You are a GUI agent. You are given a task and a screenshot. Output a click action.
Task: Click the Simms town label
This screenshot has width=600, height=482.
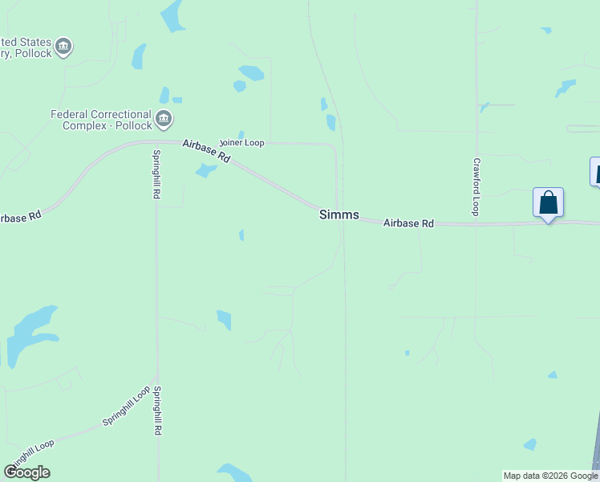339,214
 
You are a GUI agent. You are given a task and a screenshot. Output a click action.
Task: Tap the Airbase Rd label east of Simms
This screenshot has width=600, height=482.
407,223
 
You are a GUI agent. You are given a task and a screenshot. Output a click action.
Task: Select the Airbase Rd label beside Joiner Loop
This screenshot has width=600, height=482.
206,150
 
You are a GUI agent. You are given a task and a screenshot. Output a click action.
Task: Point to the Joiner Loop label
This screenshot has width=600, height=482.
241,142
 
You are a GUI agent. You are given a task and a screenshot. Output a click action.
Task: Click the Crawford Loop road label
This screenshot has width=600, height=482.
475,186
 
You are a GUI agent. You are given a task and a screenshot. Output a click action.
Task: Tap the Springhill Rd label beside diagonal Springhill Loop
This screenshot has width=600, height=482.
158,411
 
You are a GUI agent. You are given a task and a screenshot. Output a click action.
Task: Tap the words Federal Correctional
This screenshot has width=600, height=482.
100,114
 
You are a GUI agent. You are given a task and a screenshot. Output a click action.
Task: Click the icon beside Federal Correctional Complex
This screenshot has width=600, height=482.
164,120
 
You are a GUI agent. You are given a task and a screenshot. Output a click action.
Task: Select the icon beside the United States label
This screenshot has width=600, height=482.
64,47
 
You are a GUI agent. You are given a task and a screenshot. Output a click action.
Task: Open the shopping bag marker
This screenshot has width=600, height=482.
548,202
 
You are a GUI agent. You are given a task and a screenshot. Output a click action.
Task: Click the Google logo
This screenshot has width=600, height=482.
26,472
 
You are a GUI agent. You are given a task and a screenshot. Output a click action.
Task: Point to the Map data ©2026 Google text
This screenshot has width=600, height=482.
550,476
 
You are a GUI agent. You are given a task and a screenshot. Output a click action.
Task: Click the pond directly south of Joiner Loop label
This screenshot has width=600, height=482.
206,170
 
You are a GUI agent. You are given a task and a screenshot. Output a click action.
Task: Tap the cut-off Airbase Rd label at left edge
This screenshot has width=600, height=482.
20,218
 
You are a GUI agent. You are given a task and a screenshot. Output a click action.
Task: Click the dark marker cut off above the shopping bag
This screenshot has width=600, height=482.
595,171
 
